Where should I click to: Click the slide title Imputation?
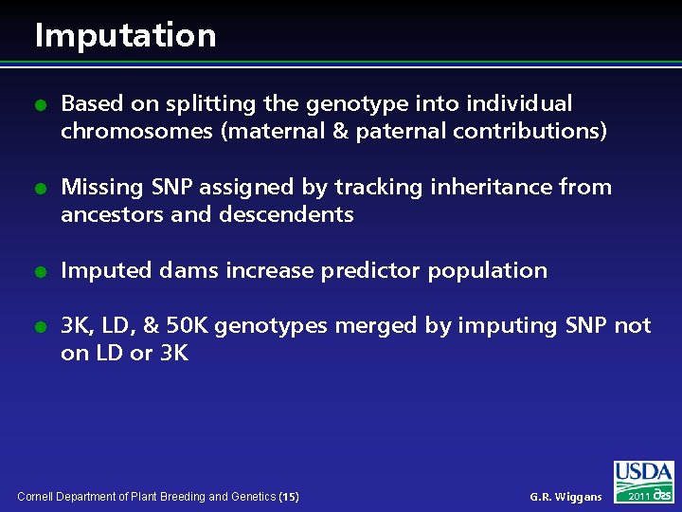point(125,35)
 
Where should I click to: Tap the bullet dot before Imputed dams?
point(39,271)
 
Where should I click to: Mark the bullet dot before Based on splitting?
point(39,104)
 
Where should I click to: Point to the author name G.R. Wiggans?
point(565,497)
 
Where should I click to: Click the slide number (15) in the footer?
point(290,496)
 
